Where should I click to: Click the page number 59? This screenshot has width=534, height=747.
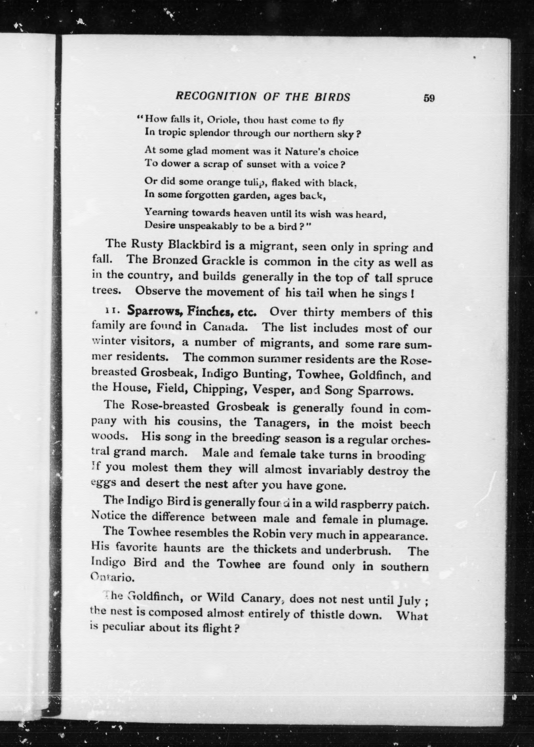pyautogui.click(x=429, y=98)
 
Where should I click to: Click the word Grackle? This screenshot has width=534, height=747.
pyautogui.click(x=225, y=261)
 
